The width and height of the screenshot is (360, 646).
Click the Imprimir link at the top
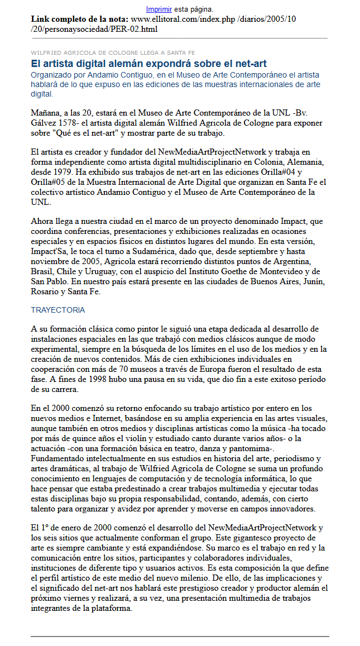[x=159, y=9]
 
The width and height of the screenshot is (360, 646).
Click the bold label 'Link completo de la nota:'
[x=80, y=19]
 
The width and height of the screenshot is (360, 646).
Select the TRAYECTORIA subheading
[x=57, y=310]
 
